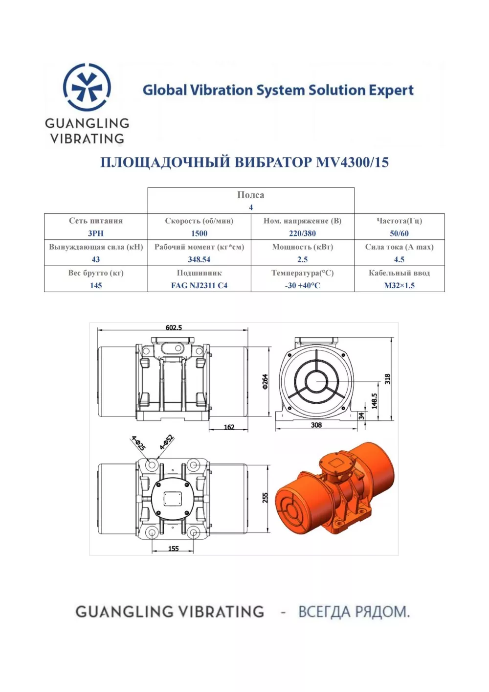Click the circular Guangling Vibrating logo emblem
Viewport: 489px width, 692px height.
(x=87, y=87)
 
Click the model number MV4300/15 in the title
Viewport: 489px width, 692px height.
(x=352, y=162)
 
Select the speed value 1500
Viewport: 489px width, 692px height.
(x=199, y=233)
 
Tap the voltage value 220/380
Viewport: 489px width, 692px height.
(x=302, y=233)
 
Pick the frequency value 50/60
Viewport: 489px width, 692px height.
(x=399, y=233)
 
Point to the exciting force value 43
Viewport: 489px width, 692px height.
(x=96, y=259)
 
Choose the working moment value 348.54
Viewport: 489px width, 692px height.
(x=199, y=259)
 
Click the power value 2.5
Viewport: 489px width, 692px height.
(x=302, y=259)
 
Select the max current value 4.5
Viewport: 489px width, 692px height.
(x=399, y=259)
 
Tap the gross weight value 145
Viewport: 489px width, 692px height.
(x=96, y=285)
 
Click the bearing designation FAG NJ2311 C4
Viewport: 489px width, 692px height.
(x=199, y=285)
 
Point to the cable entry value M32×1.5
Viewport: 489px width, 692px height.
(x=399, y=285)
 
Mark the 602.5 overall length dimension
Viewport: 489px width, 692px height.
(x=174, y=327)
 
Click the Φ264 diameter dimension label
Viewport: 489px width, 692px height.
(x=265, y=382)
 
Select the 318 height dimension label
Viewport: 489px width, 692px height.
(x=387, y=379)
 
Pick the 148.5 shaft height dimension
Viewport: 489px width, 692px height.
(x=374, y=401)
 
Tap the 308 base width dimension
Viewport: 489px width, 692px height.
(x=316, y=425)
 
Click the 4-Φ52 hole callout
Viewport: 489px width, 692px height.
(x=167, y=442)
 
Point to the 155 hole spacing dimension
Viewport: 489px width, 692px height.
(x=173, y=548)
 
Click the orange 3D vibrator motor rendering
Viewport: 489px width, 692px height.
(x=334, y=488)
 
